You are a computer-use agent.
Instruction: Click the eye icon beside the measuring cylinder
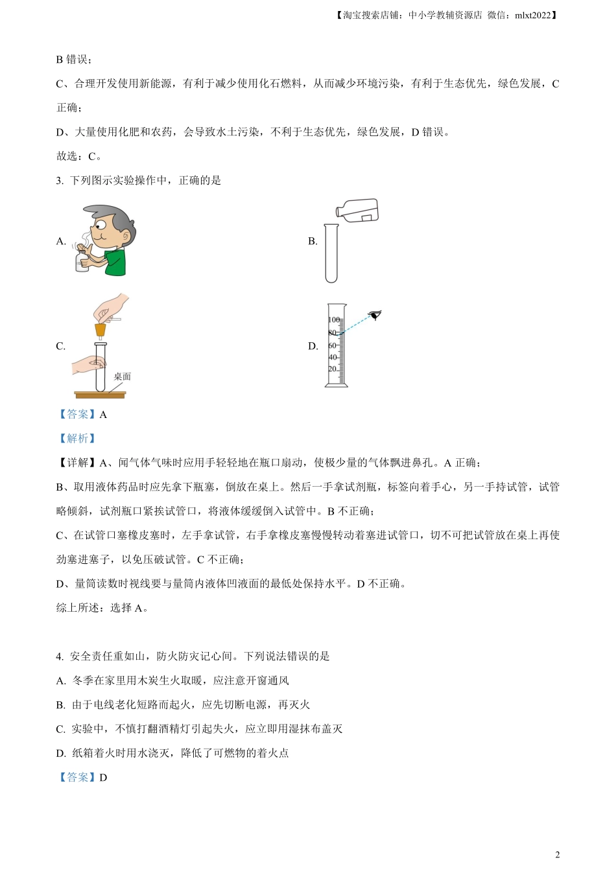tap(375, 316)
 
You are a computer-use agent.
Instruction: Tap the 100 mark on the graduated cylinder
tap(333, 320)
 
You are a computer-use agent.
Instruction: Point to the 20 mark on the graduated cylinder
tap(333, 369)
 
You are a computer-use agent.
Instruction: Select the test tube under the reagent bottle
tap(331, 253)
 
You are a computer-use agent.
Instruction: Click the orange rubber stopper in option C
tap(101, 331)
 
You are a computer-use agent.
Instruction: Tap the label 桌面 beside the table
tap(122, 377)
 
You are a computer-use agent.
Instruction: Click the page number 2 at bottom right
tap(558, 855)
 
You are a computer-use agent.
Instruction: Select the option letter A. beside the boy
tap(62, 241)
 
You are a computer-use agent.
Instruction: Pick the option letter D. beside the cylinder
tap(313, 346)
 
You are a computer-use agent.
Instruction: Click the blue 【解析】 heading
tap(77, 439)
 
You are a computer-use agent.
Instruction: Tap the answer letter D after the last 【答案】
tap(103, 778)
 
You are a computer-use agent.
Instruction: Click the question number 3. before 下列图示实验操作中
tap(60, 181)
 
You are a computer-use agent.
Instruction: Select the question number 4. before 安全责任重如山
tap(60, 656)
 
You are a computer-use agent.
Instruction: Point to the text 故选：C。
tap(79, 156)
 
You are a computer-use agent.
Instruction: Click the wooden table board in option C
tap(100, 395)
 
